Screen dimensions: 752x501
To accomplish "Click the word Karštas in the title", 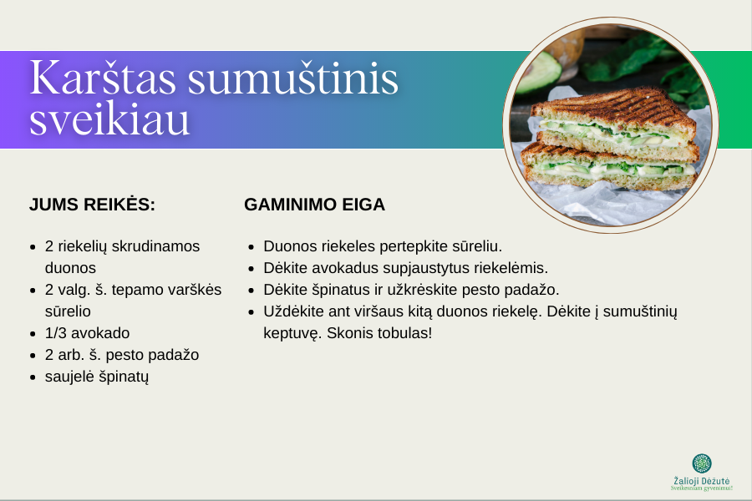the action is [x=103, y=78].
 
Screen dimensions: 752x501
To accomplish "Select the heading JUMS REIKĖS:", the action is [x=92, y=204].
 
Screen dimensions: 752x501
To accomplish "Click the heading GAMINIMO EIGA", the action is [x=315, y=205].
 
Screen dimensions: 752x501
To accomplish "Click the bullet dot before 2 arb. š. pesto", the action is [x=33, y=355].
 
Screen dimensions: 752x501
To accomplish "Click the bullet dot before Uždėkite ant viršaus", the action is [x=252, y=311].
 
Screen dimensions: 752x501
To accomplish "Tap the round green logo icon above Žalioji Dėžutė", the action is [x=702, y=463].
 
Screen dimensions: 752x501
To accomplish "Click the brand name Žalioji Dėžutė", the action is [x=702, y=481].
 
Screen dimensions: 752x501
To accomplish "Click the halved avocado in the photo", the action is [x=538, y=72].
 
